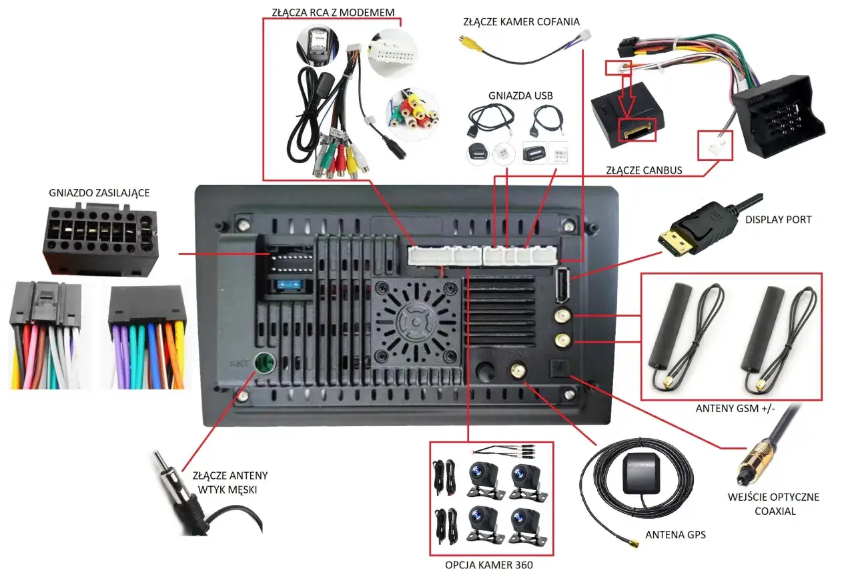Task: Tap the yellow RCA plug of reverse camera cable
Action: (x=469, y=41)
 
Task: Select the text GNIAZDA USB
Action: (x=511, y=95)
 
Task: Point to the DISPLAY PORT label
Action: (x=778, y=219)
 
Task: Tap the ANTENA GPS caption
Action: (x=675, y=534)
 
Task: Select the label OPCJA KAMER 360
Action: (x=492, y=565)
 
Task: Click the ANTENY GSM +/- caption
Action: (x=731, y=409)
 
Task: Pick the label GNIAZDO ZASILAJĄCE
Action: (x=99, y=193)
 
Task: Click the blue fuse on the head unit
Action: (x=291, y=286)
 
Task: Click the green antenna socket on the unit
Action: (x=266, y=364)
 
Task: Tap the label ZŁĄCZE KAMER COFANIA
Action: (x=521, y=21)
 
